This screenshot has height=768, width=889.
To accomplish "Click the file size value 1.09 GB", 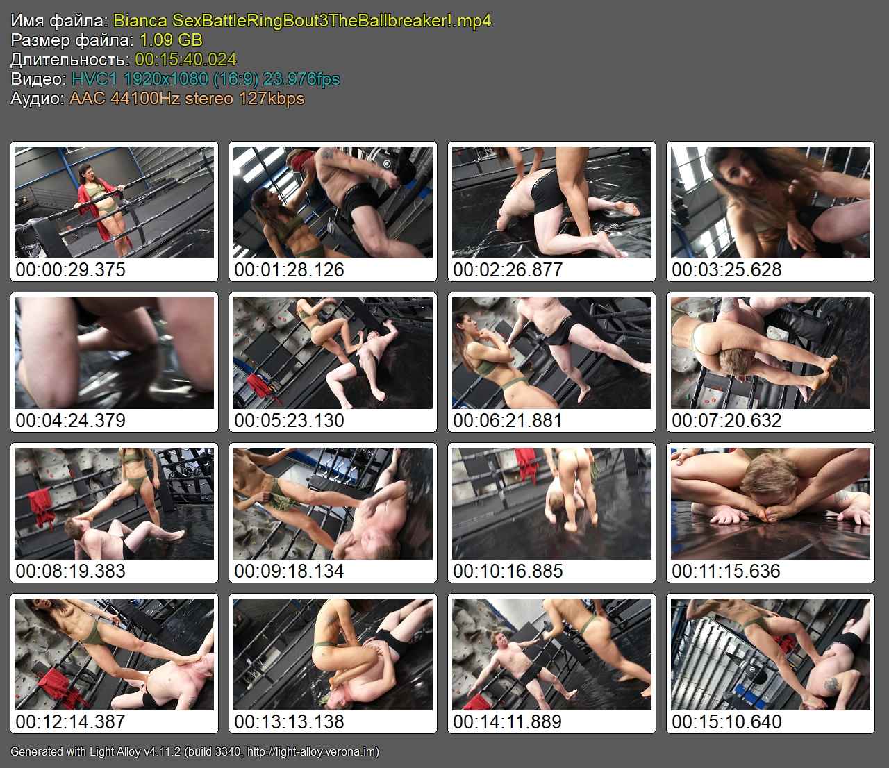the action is (171, 40).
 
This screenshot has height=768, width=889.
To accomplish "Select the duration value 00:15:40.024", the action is (186, 59).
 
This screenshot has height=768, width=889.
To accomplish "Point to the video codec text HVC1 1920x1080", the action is (165, 79).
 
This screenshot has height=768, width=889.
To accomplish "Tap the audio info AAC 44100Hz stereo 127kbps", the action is (187, 99).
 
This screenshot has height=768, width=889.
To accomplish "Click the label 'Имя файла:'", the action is (59, 21).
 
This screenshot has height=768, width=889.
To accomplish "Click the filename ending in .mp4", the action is (302, 21).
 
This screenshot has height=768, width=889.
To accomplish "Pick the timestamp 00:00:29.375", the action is (71, 269).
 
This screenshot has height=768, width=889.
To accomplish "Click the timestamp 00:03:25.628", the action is (726, 269).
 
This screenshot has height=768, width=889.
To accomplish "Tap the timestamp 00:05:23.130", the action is (289, 420).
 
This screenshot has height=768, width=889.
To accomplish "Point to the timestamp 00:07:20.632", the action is (726, 420).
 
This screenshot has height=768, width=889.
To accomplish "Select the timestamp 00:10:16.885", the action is (508, 571).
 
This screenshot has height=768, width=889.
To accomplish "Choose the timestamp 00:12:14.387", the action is (71, 721).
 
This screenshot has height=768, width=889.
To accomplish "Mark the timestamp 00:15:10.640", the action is (726, 721).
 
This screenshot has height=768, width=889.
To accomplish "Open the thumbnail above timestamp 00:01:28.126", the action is (333, 202).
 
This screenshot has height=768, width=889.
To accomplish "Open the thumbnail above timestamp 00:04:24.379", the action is (114, 353).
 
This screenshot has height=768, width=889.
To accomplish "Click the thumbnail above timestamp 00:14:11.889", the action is (552, 655).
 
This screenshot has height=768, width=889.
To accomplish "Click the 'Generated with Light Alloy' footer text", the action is (195, 751).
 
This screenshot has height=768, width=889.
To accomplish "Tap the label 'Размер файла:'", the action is (72, 40).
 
